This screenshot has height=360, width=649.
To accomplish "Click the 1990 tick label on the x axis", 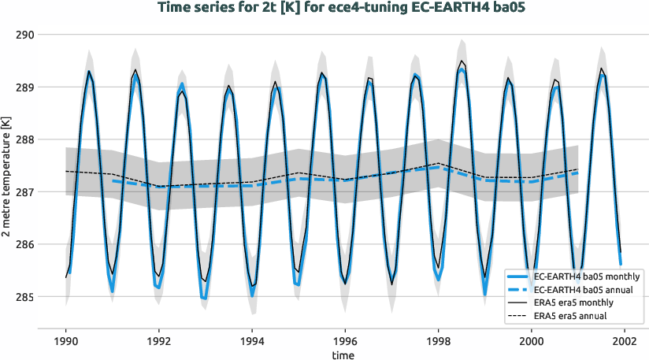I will [66, 342].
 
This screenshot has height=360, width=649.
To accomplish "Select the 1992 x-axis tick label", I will [159, 342].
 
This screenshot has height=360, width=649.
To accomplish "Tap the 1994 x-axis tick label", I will [252, 342].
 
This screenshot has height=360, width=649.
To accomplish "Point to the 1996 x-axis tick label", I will [345, 342].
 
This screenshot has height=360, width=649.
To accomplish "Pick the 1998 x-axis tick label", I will [439, 342].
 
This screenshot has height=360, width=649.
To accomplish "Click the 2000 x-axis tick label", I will [532, 342].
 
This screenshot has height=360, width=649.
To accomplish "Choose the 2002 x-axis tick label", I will [625, 342].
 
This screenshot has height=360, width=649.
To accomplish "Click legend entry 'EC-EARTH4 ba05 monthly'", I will [587, 276].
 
